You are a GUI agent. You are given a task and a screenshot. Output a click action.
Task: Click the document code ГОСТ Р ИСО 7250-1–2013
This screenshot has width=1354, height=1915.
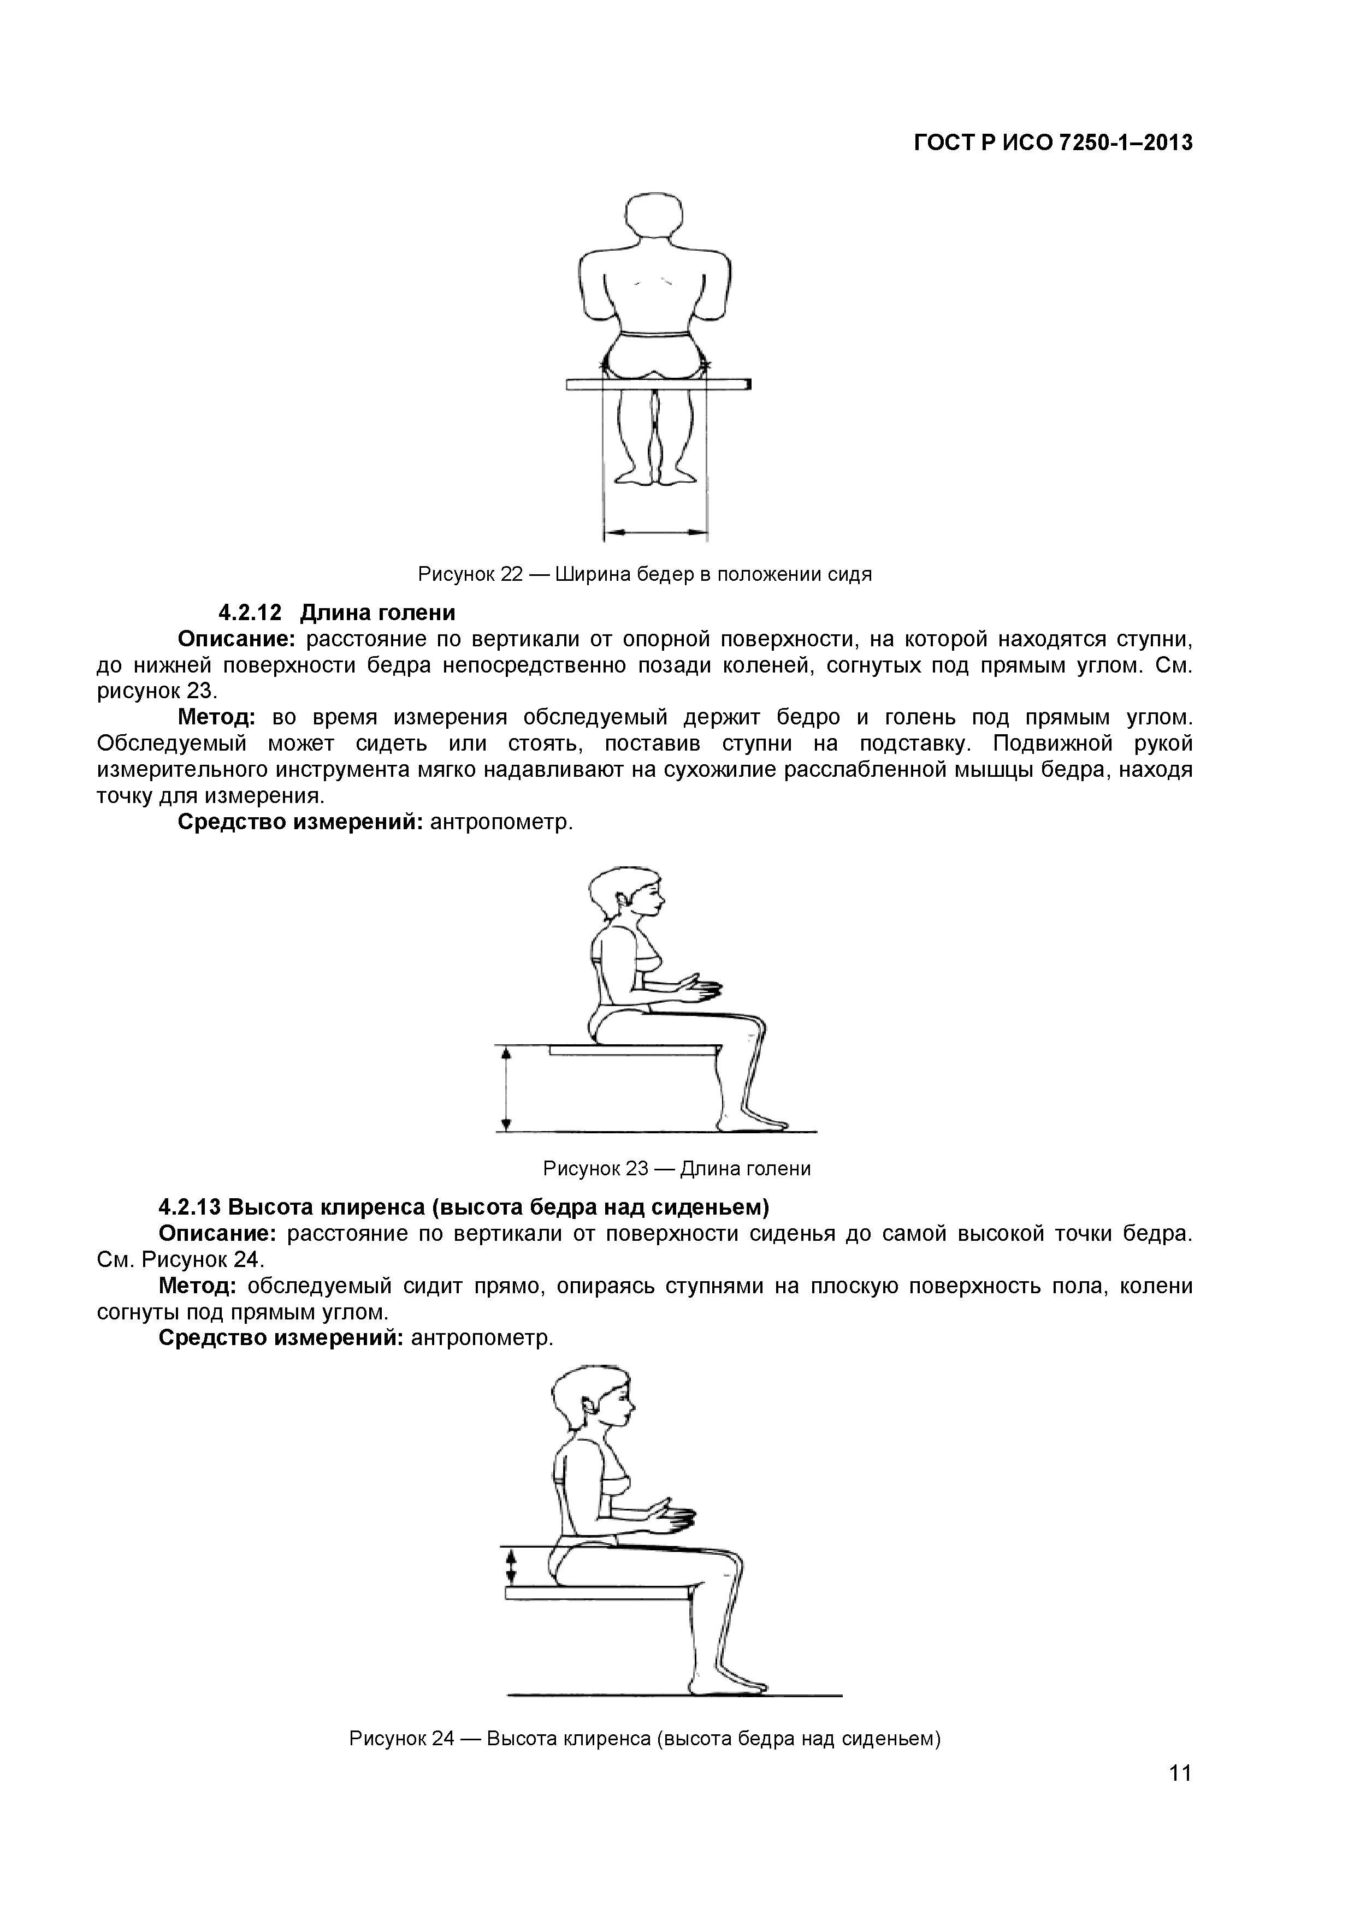(1053, 144)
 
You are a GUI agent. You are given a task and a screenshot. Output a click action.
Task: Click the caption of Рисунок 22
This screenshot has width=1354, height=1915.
(645, 575)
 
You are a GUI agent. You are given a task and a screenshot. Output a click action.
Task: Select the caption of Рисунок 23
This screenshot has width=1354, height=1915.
(677, 1169)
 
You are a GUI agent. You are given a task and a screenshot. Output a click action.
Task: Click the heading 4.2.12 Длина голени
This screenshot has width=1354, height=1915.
(336, 613)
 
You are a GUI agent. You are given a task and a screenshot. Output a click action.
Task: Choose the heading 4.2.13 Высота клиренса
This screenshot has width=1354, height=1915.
(463, 1207)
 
